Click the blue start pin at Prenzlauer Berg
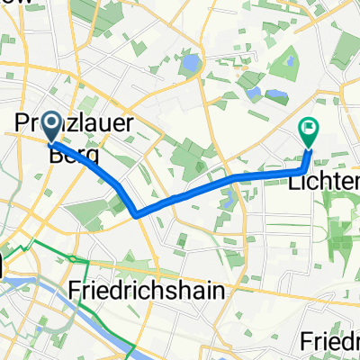50,127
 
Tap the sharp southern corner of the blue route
135,215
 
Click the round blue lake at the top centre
191,65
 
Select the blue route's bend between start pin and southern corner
119,184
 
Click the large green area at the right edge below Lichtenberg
342,225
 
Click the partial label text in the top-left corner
13,4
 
